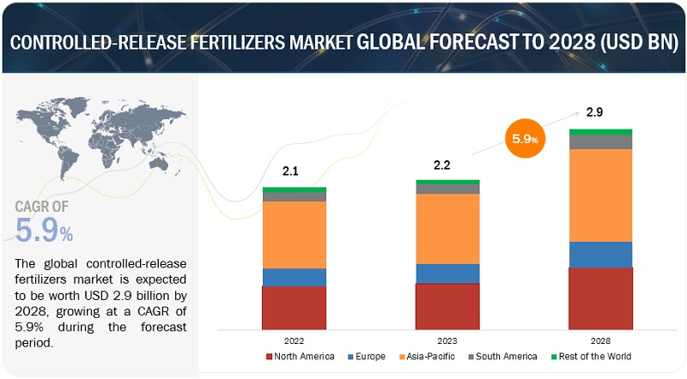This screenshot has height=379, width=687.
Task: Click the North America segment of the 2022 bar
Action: coord(294,308)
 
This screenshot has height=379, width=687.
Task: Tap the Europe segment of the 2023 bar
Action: coord(447,273)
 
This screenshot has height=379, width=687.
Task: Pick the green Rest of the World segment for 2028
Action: coord(600,132)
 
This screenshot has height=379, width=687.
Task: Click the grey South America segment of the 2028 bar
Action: coord(600,141)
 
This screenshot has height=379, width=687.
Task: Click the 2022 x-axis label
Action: coord(294,340)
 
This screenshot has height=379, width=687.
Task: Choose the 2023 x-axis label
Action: coord(447,340)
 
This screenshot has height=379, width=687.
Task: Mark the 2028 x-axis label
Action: coord(600,340)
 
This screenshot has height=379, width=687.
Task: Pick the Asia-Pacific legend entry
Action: coord(436,356)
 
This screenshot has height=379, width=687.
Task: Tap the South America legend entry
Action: coord(504,356)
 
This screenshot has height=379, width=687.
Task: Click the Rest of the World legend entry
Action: coord(589,356)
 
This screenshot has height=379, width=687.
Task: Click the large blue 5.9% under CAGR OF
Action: coord(44,229)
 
